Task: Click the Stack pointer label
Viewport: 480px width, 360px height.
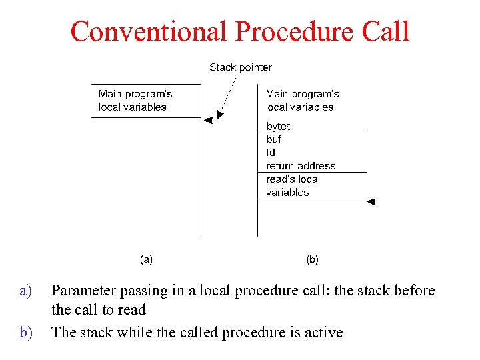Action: [x=241, y=67]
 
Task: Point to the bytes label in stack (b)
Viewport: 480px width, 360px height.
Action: [x=279, y=127]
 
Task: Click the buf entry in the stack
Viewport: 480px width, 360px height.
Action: [x=273, y=140]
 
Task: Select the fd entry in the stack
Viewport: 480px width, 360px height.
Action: [x=271, y=153]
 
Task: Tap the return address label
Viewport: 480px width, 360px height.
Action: [x=301, y=166]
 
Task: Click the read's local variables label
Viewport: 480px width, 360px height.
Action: [x=293, y=186]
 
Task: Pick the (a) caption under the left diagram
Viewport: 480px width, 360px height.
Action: [x=146, y=259]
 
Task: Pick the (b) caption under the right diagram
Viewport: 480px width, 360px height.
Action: [x=312, y=259]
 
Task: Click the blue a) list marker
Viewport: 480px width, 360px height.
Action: [x=25, y=291]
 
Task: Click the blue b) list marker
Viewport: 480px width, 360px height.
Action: [x=25, y=332]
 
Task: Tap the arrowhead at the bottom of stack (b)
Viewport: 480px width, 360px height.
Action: [x=372, y=201]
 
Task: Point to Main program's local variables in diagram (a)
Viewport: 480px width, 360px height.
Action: [x=135, y=100]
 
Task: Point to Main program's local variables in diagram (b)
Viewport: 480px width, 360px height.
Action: [x=302, y=100]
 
